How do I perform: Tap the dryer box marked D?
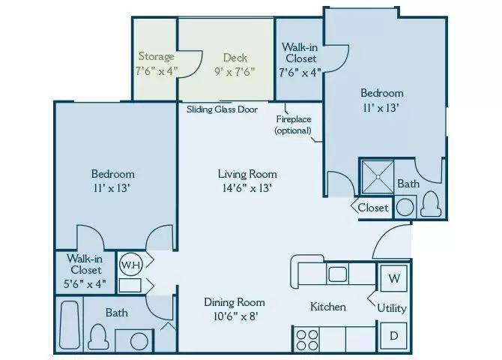click(x=393, y=335)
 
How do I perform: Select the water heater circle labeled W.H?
click(x=128, y=264)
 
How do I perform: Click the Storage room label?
click(x=156, y=56)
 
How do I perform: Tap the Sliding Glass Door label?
click(x=222, y=109)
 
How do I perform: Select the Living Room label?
click(x=239, y=174)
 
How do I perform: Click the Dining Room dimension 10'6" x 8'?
click(x=235, y=316)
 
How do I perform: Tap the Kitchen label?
click(x=328, y=307)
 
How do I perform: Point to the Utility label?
click(x=391, y=307)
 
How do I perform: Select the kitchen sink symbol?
click(x=336, y=272)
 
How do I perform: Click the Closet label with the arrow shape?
click(x=372, y=208)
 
